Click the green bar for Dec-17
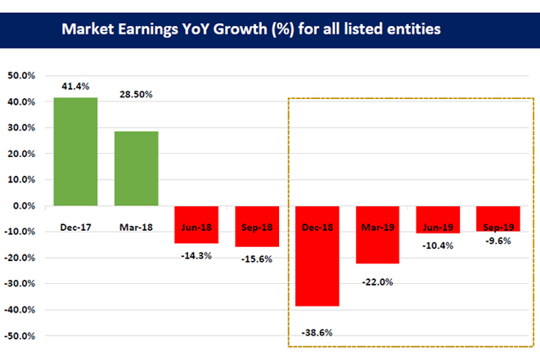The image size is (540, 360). coord(75,152)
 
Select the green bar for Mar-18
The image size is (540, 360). coord(136,169)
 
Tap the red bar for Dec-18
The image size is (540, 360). coord(317,256)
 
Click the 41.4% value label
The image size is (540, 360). coord(74,85)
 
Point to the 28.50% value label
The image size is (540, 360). coord(136,95)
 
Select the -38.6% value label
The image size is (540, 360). coord(317,331)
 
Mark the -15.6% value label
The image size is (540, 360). coord(257,259)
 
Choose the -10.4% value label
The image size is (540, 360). coord(438,246)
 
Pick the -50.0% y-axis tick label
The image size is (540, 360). coord(20,336)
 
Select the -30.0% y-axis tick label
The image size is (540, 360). coord(20,284)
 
